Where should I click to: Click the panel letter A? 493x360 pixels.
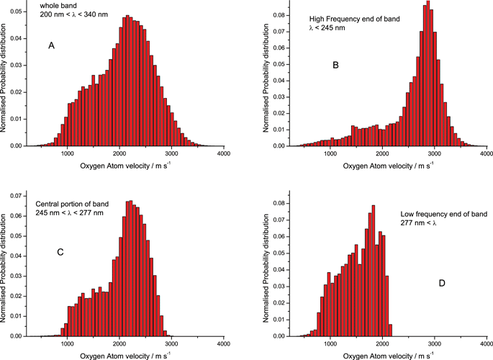coord(52,46)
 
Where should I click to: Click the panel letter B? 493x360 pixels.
coord(335,66)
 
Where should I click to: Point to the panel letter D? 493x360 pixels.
coord(442,283)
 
